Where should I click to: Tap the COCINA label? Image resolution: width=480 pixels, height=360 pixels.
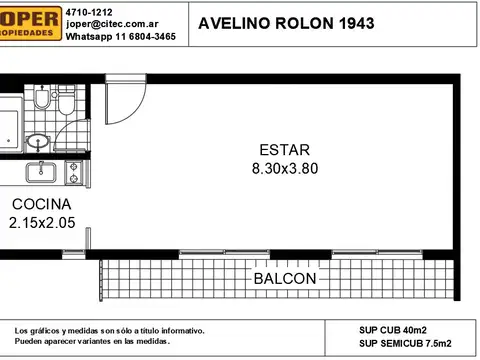[x=40, y=205]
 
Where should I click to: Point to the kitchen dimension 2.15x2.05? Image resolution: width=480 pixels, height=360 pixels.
[x=41, y=223]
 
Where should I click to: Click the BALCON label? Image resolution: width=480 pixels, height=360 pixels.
[x=284, y=278]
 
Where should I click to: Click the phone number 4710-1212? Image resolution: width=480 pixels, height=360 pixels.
[x=88, y=10]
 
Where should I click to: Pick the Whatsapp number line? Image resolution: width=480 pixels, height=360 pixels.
[x=120, y=35]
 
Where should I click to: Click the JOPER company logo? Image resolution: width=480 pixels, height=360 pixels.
[x=25, y=22]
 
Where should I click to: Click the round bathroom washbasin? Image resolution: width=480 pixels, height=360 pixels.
[x=38, y=141]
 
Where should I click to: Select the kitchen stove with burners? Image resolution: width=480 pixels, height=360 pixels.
[x=73, y=172]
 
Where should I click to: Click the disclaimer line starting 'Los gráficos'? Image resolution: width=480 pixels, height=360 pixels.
[x=110, y=330]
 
